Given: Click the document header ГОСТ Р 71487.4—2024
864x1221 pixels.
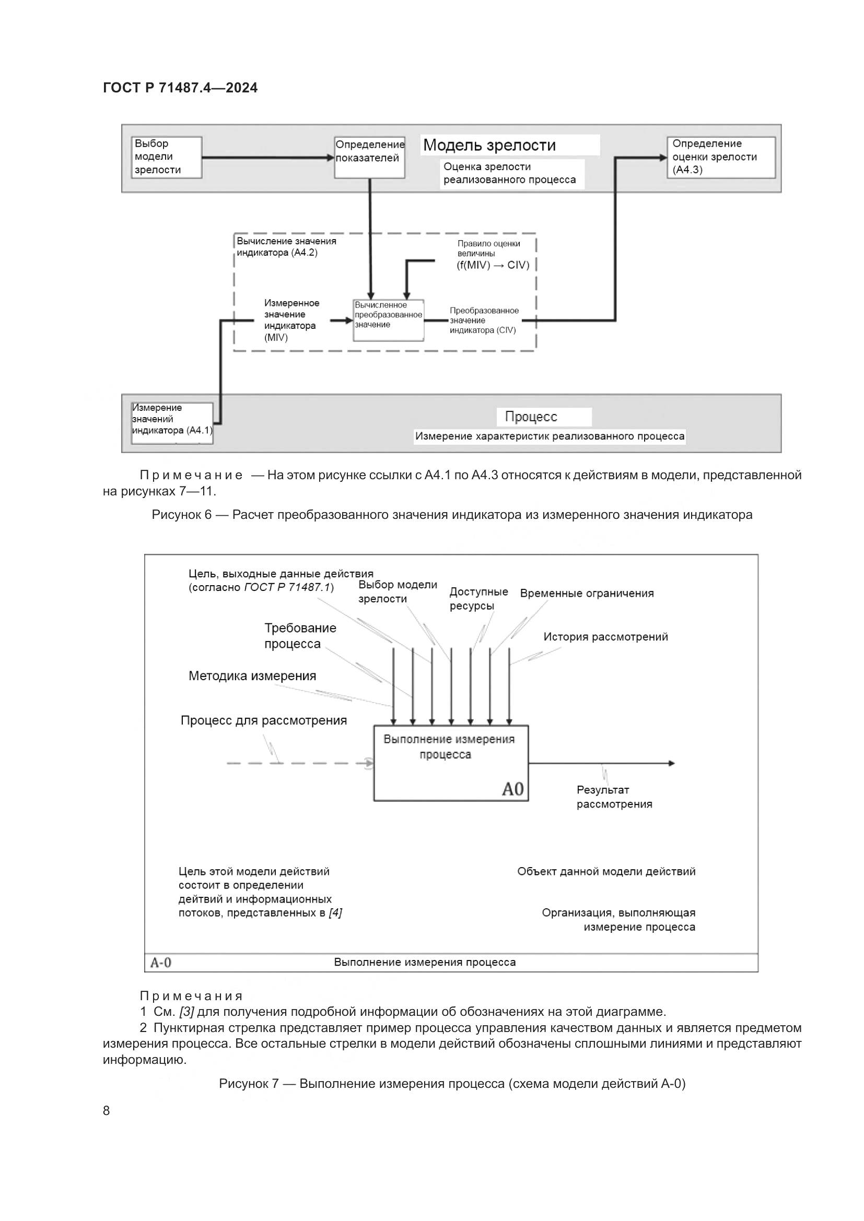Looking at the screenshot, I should [180, 88].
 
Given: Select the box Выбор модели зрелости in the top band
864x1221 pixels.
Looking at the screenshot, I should [167, 157].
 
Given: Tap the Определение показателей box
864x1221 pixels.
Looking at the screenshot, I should [370, 157].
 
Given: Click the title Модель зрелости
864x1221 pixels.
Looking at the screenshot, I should [489, 145].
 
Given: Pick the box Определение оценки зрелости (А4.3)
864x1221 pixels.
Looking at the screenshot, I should [721, 157].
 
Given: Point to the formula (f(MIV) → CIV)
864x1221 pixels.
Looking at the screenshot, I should [493, 265].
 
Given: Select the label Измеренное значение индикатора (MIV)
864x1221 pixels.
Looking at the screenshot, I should [291, 319].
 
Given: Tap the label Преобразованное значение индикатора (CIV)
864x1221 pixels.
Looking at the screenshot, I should [484, 320].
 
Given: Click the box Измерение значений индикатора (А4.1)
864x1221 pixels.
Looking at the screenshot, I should [172, 423].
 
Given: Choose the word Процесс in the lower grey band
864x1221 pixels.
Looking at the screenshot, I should [531, 417].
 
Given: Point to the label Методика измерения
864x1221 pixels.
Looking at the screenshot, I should [252, 676].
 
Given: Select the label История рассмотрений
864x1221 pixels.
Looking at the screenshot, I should [605, 636].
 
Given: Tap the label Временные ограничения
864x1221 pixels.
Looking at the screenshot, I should [587, 593].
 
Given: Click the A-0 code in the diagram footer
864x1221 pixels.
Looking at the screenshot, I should [161, 962].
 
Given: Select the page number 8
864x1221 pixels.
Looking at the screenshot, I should [107, 1110].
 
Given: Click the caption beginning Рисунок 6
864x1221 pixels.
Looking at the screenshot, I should [452, 514].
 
